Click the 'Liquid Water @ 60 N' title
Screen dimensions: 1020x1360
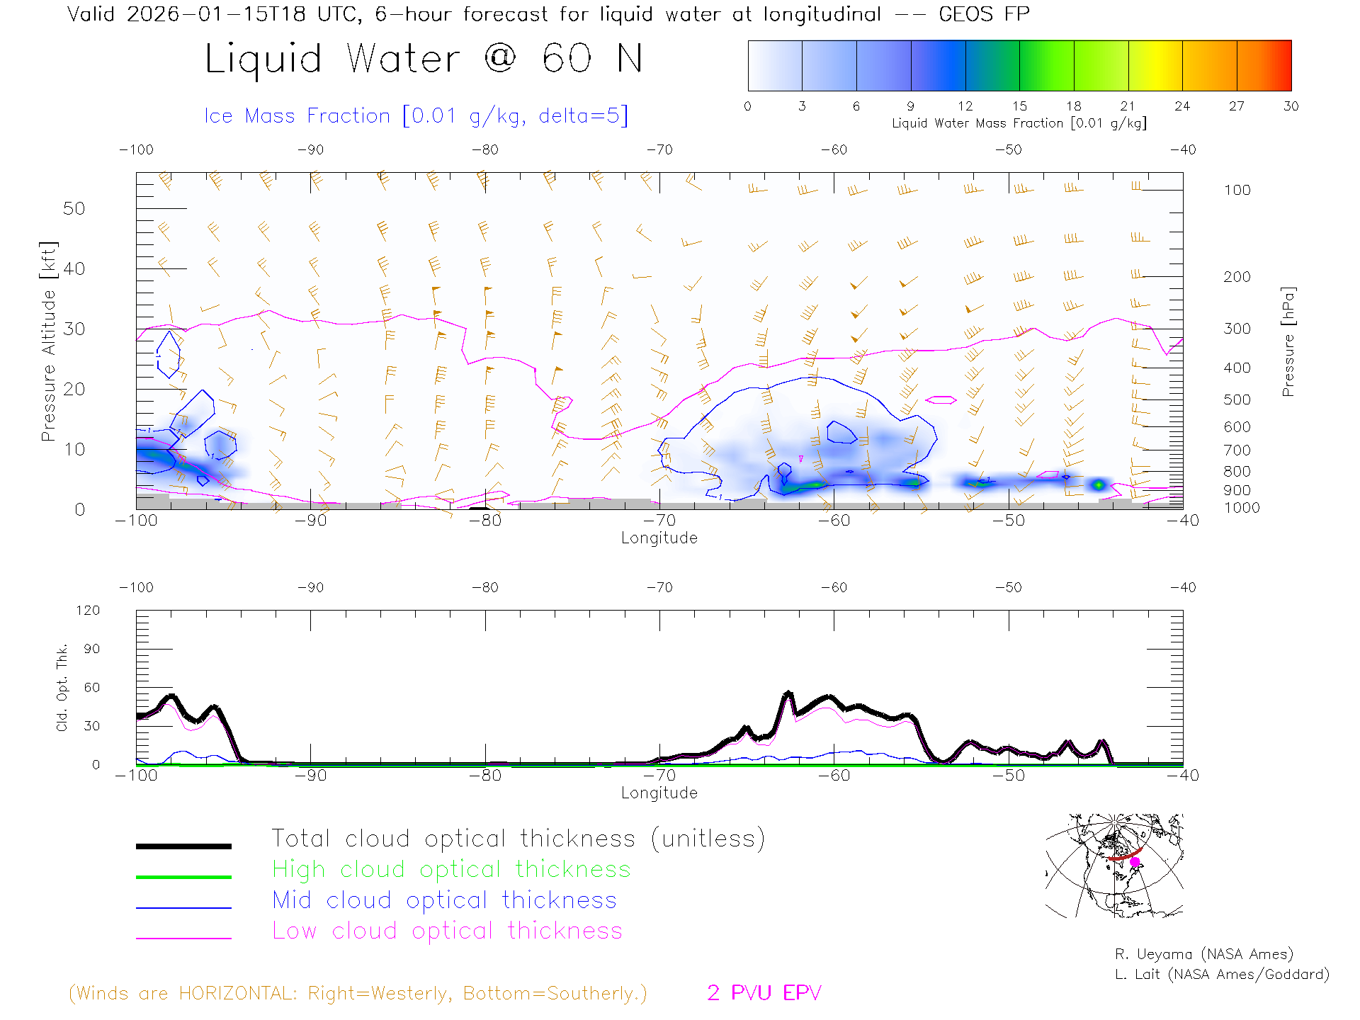coord(424,58)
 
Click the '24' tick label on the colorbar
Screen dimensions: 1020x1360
coord(1181,106)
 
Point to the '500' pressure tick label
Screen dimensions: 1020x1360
coord(1237,399)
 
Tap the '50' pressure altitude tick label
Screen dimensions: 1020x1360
coord(74,208)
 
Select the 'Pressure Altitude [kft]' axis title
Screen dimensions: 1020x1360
coord(48,341)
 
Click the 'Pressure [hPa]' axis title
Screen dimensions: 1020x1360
coord(1288,341)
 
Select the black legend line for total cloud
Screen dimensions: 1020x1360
coord(183,846)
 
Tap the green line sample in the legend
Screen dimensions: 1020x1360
coord(183,877)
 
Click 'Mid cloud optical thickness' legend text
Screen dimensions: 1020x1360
coord(444,900)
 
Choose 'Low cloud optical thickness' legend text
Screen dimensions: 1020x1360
coord(447,931)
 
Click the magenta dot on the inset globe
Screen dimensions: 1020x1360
coord(1135,862)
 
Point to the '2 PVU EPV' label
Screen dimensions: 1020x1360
coord(764,993)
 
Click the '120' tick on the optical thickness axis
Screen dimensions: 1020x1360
coord(88,611)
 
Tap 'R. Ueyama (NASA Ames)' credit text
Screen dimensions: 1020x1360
coord(1203,954)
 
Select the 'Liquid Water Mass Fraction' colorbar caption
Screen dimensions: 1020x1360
coord(1019,123)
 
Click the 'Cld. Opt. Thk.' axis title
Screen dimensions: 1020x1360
coord(62,687)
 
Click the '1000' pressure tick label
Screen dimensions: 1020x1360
coord(1241,508)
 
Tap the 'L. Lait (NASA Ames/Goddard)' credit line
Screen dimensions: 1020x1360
coord(1221,975)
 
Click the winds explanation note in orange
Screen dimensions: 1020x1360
coord(358,993)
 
